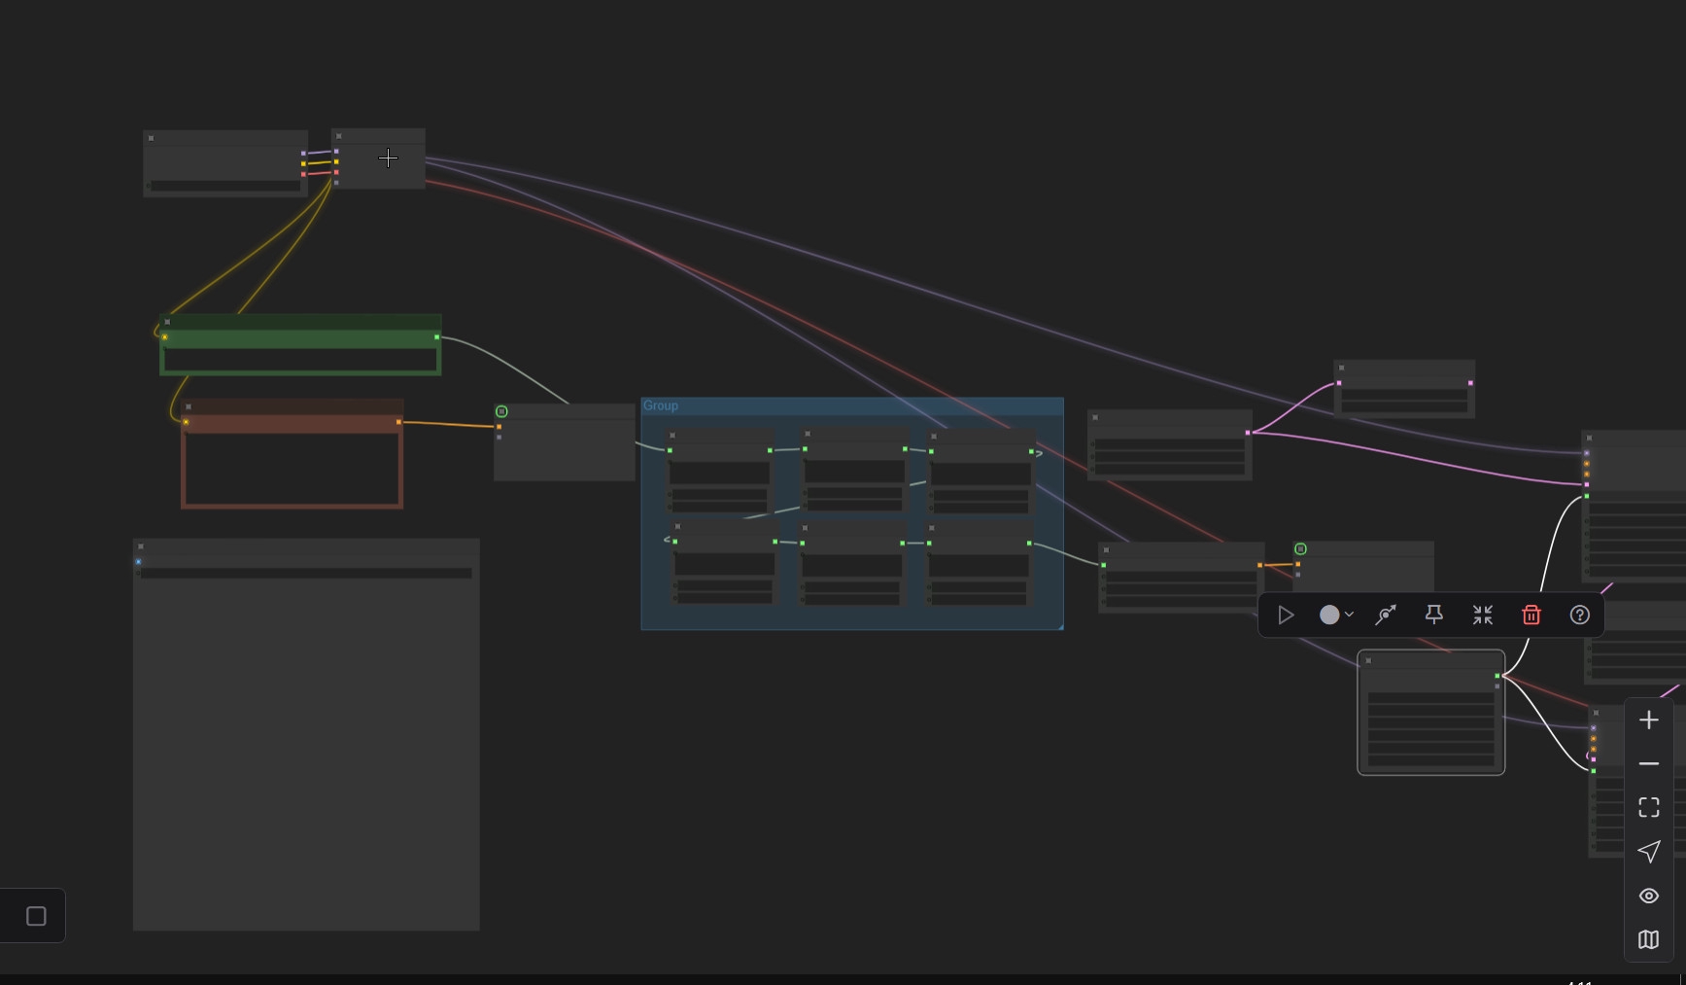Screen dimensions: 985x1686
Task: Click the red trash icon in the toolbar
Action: pos(1531,615)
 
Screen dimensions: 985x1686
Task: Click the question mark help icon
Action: pos(1580,615)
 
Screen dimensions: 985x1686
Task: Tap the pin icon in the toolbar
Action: pos(1433,615)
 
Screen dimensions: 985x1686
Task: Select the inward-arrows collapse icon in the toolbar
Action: pos(1482,615)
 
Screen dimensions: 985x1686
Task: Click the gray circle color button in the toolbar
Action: pos(1329,615)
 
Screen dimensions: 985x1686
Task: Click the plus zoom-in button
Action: pos(1649,721)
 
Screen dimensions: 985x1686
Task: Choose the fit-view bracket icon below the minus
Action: pos(1649,807)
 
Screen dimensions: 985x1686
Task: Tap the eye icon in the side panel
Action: pos(1649,896)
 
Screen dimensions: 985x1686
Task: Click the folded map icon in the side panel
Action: pos(1649,939)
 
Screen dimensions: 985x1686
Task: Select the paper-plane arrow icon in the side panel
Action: pos(1649,852)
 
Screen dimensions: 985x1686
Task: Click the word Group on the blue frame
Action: pos(661,405)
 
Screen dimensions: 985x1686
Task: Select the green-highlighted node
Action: pos(300,344)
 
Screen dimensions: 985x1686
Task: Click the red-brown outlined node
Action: pos(292,457)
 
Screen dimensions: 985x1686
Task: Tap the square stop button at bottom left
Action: pos(36,916)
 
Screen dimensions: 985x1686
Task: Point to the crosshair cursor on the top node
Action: pos(388,158)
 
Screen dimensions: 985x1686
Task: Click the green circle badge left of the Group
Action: pos(501,411)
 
